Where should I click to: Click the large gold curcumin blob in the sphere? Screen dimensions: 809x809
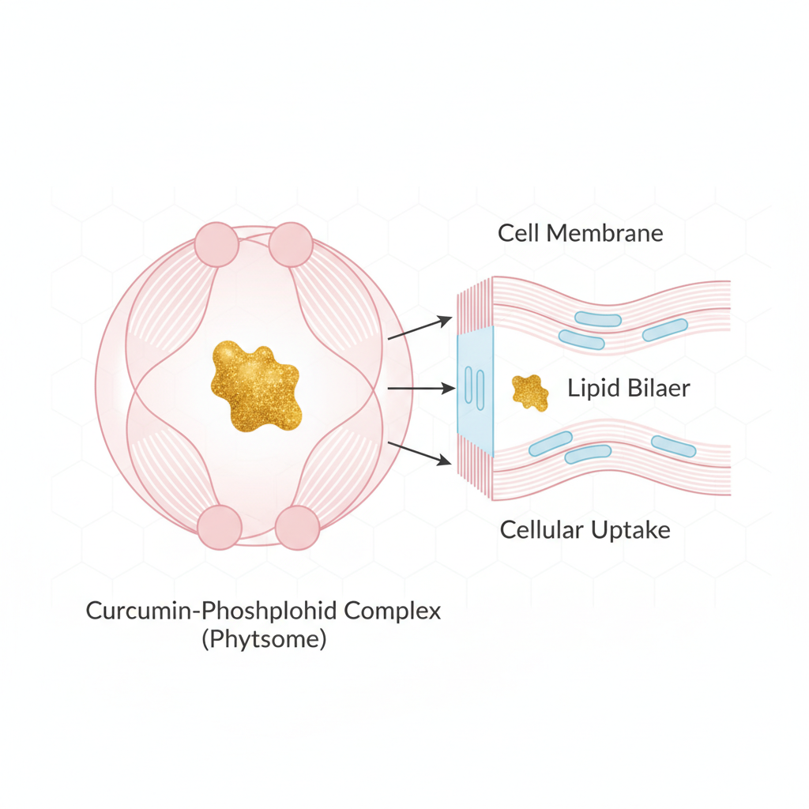click(x=255, y=386)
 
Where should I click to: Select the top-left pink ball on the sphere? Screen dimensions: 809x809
click(x=216, y=244)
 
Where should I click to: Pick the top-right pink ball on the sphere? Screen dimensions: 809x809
click(x=291, y=244)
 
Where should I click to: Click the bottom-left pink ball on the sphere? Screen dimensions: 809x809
click(x=220, y=528)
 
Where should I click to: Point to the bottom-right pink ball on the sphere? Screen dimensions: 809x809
click(x=297, y=528)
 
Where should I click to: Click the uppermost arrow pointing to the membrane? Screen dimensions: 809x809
click(x=420, y=328)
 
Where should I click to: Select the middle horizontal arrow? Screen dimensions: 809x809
click(x=420, y=389)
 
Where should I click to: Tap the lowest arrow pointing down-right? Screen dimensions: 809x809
click(x=420, y=453)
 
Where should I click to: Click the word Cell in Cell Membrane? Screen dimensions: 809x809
click(x=518, y=233)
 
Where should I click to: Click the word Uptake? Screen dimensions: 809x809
click(x=634, y=530)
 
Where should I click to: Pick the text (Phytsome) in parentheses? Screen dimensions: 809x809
click(x=263, y=638)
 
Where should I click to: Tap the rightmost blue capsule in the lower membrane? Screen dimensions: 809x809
click(x=673, y=446)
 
